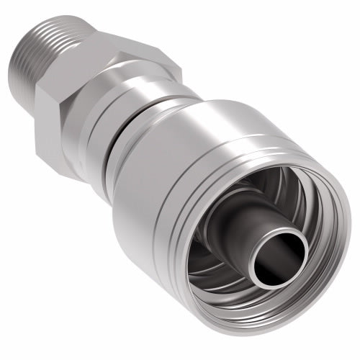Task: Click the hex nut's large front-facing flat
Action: point(72,108)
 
